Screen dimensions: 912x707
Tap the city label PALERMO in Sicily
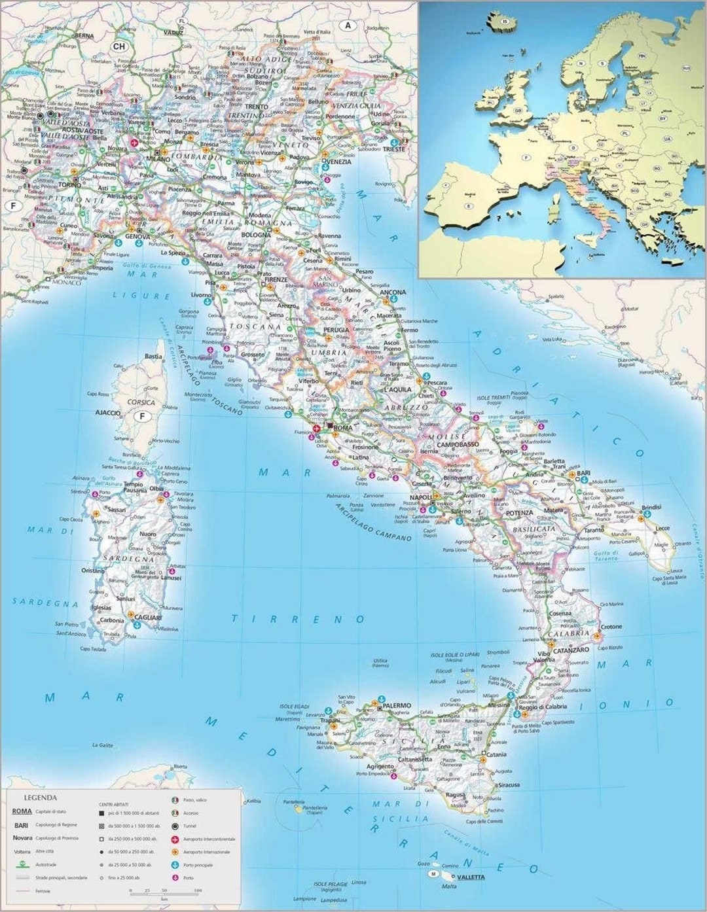pos(397,706)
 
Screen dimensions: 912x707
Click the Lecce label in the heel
pos(663,528)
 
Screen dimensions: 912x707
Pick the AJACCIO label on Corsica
pos(108,413)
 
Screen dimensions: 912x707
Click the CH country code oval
pos(119,46)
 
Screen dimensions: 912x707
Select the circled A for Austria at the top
pos(348,26)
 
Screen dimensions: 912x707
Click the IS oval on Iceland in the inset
pos(505,22)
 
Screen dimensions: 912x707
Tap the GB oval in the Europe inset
pos(518,110)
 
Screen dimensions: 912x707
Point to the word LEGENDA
pos(41,798)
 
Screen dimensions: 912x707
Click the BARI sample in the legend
pos(22,825)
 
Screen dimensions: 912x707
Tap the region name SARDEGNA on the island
pos(128,559)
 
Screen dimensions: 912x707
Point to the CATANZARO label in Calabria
pos(571,650)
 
